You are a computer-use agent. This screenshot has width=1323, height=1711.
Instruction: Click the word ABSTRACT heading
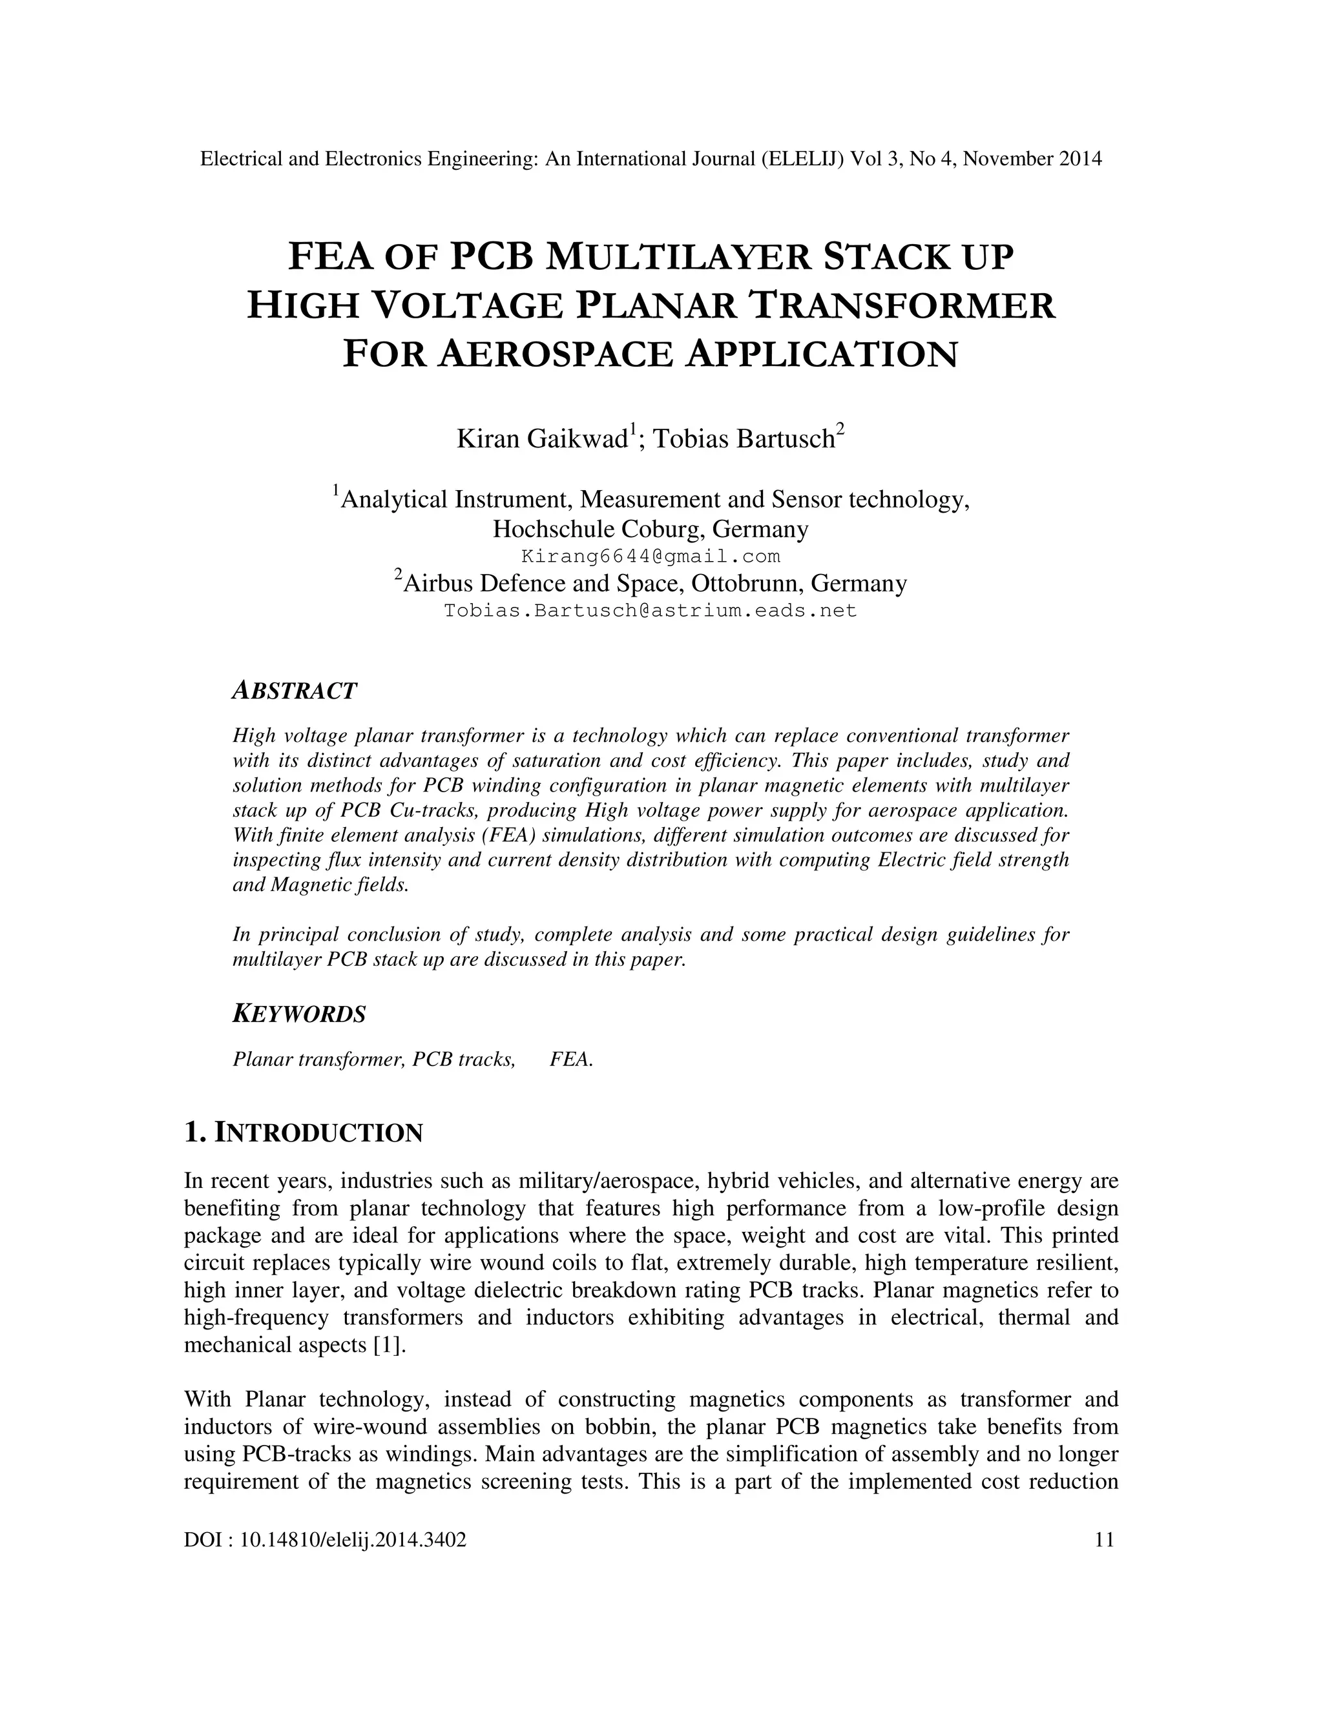click(295, 691)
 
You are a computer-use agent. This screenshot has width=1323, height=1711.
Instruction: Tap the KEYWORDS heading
click(299, 1014)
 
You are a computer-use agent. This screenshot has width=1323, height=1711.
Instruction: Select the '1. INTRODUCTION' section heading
click(304, 1133)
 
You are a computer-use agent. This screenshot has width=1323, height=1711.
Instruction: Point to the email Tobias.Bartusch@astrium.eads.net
click(651, 610)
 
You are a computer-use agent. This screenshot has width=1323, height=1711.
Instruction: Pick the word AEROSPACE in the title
click(555, 354)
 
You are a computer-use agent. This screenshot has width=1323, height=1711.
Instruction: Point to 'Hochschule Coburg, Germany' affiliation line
click(651, 529)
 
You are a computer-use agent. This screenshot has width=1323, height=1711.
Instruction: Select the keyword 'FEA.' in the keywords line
click(571, 1060)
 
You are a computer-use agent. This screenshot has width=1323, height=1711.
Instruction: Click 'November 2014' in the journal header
click(1032, 159)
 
